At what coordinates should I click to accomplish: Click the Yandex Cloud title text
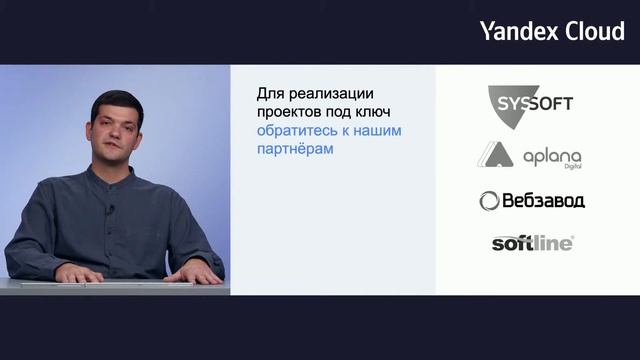552,30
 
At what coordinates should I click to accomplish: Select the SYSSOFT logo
530,103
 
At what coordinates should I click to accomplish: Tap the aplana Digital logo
529,155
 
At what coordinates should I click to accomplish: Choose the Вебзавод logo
531,200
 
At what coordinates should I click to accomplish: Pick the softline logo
532,242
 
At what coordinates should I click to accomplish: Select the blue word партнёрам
294,150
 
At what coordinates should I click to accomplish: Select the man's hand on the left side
78,272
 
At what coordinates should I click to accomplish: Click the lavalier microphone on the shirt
110,208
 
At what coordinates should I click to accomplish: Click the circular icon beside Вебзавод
489,201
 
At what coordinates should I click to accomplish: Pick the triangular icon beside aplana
494,155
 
